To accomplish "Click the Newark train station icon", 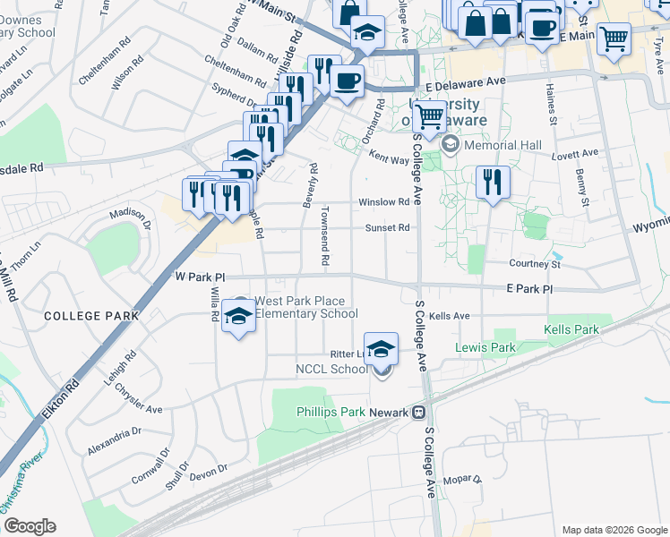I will pyautogui.click(x=417, y=413).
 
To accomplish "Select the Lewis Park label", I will pyautogui.click(x=485, y=347).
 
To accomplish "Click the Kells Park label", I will pyautogui.click(x=571, y=330).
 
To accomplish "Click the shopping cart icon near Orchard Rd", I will pyautogui.click(x=430, y=116).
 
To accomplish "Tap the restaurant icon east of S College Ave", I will pyautogui.click(x=492, y=183).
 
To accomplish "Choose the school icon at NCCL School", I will pyautogui.click(x=382, y=349).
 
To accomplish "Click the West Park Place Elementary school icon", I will pyautogui.click(x=238, y=315).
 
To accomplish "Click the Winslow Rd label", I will pyautogui.click(x=383, y=202).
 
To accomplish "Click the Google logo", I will pyautogui.click(x=30, y=526).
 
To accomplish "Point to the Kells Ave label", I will pyautogui.click(x=449, y=316).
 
